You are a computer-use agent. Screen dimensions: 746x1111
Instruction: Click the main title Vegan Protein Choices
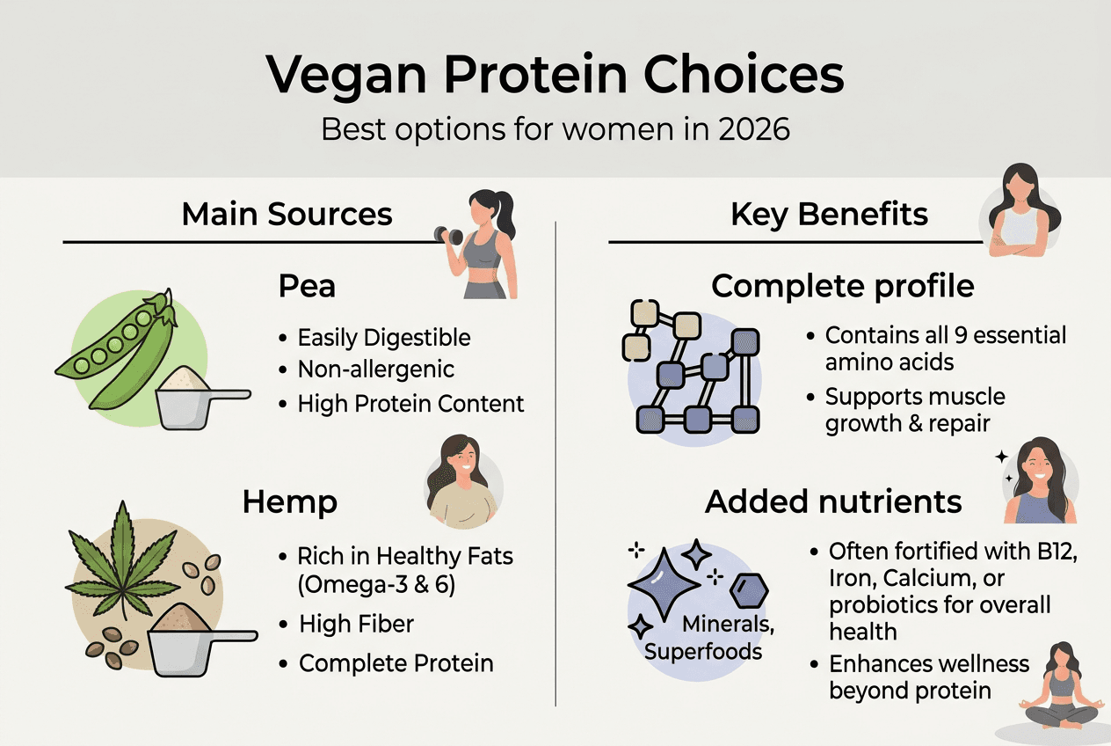pyautogui.click(x=555, y=76)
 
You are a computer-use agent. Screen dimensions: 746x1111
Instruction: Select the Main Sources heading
pyautogui.click(x=287, y=214)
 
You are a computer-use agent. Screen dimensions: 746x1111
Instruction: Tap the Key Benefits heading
pyautogui.click(x=829, y=214)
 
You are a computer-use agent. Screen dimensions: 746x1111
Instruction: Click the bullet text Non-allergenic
pyautogui.click(x=375, y=370)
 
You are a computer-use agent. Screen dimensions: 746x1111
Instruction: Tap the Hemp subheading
pyautogui.click(x=289, y=502)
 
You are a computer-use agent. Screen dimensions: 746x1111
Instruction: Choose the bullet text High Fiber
pyautogui.click(x=356, y=625)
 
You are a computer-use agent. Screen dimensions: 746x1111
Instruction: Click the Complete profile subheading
pyautogui.click(x=842, y=286)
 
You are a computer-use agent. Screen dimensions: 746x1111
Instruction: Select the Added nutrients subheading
pyautogui.click(x=833, y=501)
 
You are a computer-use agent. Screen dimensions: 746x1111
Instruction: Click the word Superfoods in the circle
pyautogui.click(x=702, y=652)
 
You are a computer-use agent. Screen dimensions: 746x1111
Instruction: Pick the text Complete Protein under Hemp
pyautogui.click(x=396, y=662)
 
